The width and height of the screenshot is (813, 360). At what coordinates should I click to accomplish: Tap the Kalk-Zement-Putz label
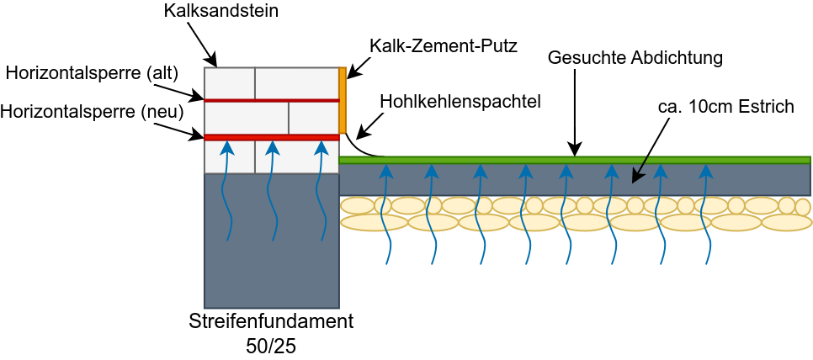[x=443, y=45]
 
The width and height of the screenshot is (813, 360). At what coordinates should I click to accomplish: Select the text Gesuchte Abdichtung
[x=635, y=58]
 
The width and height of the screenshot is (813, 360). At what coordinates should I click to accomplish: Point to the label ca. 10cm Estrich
[x=725, y=108]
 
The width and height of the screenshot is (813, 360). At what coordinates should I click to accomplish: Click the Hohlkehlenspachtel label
[x=460, y=101]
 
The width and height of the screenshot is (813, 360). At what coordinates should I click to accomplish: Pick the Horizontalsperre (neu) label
[x=92, y=110]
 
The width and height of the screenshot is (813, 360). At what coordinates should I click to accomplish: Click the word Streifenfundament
[x=271, y=321]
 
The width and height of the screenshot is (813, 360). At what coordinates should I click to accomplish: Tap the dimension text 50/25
[x=271, y=345]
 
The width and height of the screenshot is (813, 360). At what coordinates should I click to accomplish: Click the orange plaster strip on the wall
[x=343, y=100]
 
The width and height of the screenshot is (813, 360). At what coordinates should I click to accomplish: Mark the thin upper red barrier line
[x=271, y=100]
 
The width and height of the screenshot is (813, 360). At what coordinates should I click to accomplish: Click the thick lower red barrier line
[x=271, y=137]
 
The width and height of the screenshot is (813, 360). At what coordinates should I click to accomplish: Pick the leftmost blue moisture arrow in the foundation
[x=226, y=193]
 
